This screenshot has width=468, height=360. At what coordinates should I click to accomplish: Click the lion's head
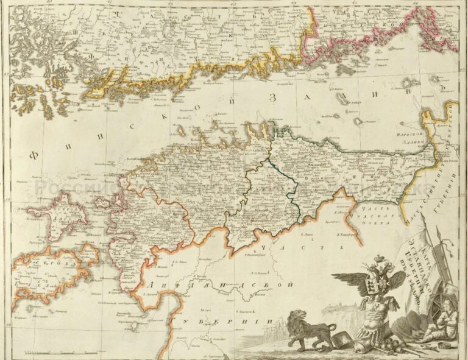click(297, 319)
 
